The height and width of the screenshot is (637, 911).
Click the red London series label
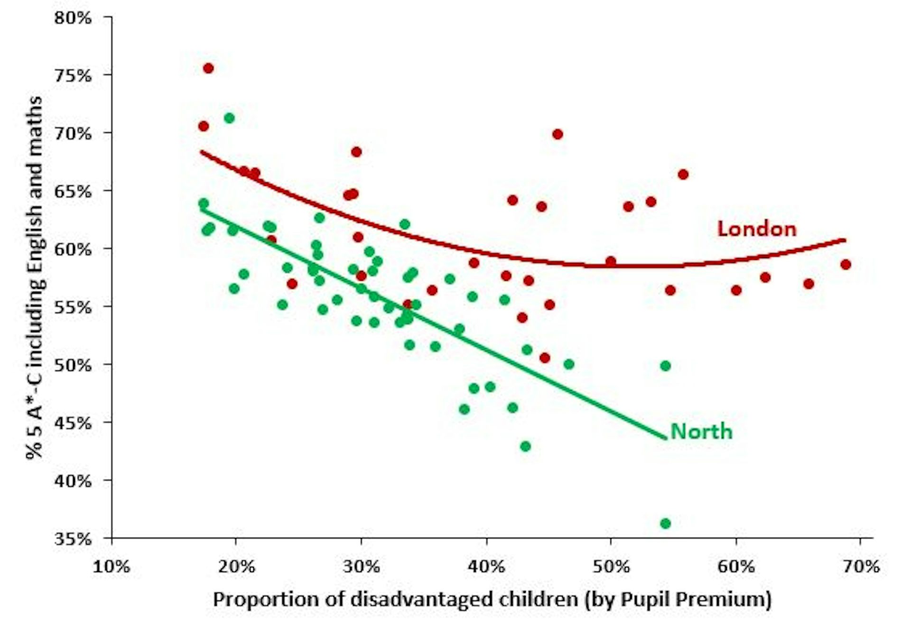(x=756, y=229)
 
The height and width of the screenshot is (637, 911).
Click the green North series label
(x=701, y=432)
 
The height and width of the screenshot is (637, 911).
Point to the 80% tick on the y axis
(x=73, y=18)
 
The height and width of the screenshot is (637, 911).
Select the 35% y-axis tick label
(x=73, y=539)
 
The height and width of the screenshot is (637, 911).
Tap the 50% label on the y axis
(x=73, y=365)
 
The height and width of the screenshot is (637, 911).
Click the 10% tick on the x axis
(x=112, y=567)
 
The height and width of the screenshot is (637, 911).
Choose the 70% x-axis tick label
(x=860, y=567)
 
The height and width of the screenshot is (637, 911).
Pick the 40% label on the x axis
(x=486, y=567)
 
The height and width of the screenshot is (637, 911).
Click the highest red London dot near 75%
(x=208, y=68)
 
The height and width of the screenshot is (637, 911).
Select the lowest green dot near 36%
(x=665, y=524)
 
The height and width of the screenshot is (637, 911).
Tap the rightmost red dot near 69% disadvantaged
(x=846, y=265)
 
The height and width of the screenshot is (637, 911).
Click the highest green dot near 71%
(x=229, y=118)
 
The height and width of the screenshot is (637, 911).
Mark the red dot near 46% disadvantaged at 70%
(x=558, y=134)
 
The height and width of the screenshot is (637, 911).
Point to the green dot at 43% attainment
(x=525, y=446)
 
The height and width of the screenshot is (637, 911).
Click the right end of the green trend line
(x=665, y=438)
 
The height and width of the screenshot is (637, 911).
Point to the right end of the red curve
(x=845, y=240)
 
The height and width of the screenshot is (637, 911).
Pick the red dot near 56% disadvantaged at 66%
(x=683, y=175)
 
